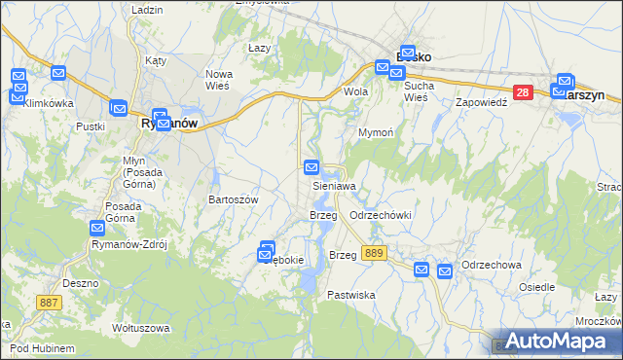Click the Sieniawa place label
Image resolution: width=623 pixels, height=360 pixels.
click(x=334, y=185)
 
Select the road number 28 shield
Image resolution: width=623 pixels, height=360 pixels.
click(x=523, y=92)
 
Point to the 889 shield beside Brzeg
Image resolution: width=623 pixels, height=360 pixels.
click(x=373, y=253)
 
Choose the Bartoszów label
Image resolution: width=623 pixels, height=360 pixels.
click(x=233, y=198)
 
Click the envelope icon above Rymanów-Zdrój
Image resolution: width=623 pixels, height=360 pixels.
click(x=97, y=229)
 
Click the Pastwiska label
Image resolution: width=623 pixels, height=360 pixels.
click(x=351, y=295)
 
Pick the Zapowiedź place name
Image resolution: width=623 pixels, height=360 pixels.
click(x=483, y=101)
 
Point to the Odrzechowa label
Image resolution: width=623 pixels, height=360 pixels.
click(x=493, y=265)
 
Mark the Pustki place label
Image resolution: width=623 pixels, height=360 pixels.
click(x=90, y=126)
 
